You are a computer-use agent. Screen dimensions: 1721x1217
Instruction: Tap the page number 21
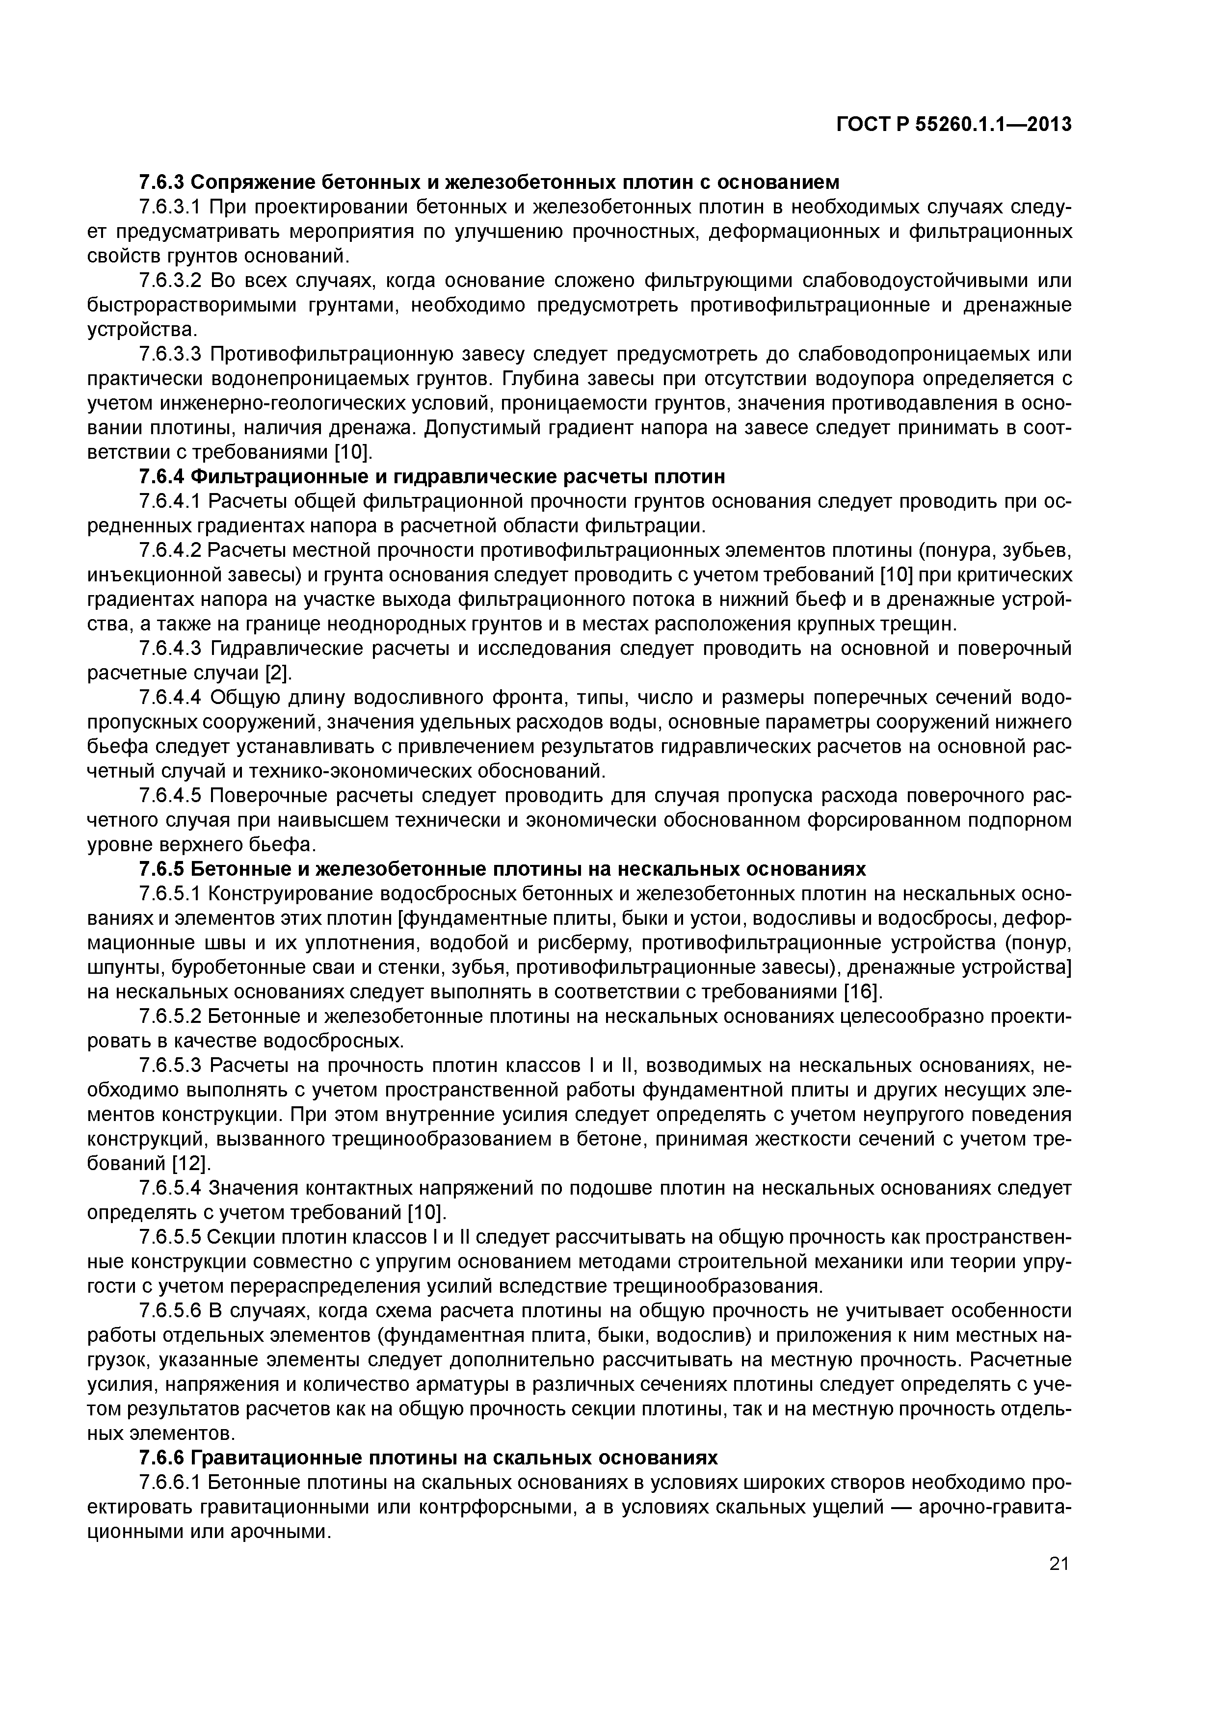pyautogui.click(x=1058, y=1564)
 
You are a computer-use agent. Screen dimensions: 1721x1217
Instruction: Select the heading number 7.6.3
pyautogui.click(x=161, y=182)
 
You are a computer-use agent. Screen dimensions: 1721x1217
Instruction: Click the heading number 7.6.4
pyautogui.click(x=161, y=477)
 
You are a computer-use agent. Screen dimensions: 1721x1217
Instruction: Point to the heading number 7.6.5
pyautogui.click(x=161, y=869)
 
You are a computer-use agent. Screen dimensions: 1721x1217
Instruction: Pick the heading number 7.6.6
pyautogui.click(x=161, y=1458)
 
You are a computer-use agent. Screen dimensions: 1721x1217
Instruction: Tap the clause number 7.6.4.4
pyautogui.click(x=171, y=698)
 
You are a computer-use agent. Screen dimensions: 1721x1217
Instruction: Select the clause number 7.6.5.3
pyautogui.click(x=171, y=1065)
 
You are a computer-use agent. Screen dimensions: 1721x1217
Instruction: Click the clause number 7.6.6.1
pyautogui.click(x=171, y=1483)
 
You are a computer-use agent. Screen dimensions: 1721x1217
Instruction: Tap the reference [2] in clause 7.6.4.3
pyautogui.click(x=275, y=673)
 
